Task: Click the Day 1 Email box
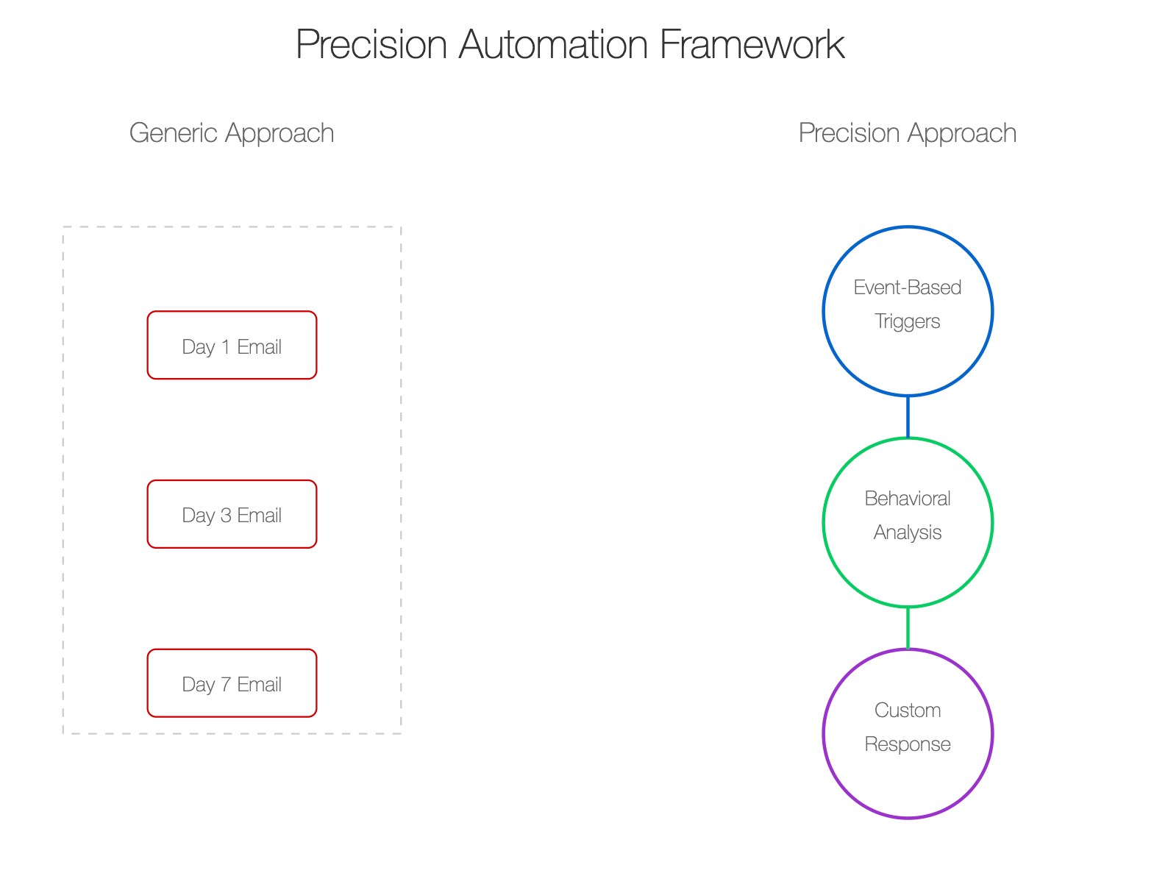pyautogui.click(x=232, y=346)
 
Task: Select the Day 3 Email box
pyautogui.click(x=232, y=514)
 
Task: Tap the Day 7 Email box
pyautogui.click(x=232, y=683)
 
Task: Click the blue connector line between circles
pyautogui.click(x=907, y=417)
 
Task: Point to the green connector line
pyautogui.click(x=907, y=628)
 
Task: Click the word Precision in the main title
pyautogui.click(x=371, y=44)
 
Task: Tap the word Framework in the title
pyautogui.click(x=752, y=44)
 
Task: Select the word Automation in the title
pyautogui.click(x=553, y=44)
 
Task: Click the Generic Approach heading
pyautogui.click(x=232, y=133)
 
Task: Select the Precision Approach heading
pyautogui.click(x=907, y=133)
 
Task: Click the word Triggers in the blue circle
pyautogui.click(x=907, y=321)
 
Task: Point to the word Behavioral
pyautogui.click(x=907, y=499)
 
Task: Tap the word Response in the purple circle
pyautogui.click(x=907, y=744)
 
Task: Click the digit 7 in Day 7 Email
pyautogui.click(x=226, y=685)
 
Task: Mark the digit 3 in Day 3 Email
pyautogui.click(x=226, y=516)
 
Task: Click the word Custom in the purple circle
pyautogui.click(x=907, y=710)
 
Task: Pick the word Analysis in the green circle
pyautogui.click(x=907, y=532)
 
